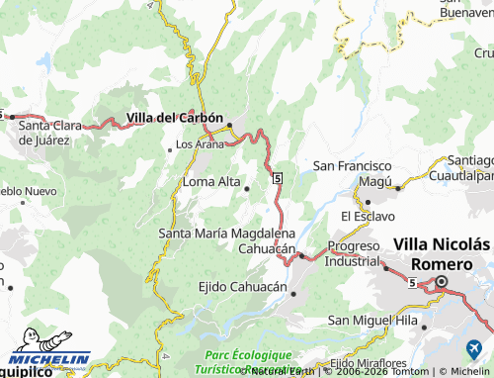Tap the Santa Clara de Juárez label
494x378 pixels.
pos(58,133)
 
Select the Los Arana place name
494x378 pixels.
pos(200,144)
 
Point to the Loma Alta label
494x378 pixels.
pos(211,181)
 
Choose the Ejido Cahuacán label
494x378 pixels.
pos(242,288)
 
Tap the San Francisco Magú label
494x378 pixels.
pos(353,174)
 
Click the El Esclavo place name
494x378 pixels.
pos(369,215)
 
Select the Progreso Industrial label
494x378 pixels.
pos(354,253)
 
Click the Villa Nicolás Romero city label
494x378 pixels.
pos(442,252)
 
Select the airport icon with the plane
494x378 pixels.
pos(472,349)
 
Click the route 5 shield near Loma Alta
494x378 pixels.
pos(279,177)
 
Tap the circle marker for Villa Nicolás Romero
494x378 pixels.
pos(443,282)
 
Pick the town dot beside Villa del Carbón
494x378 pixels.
pos(229,125)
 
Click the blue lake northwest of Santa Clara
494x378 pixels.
pos(43,64)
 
